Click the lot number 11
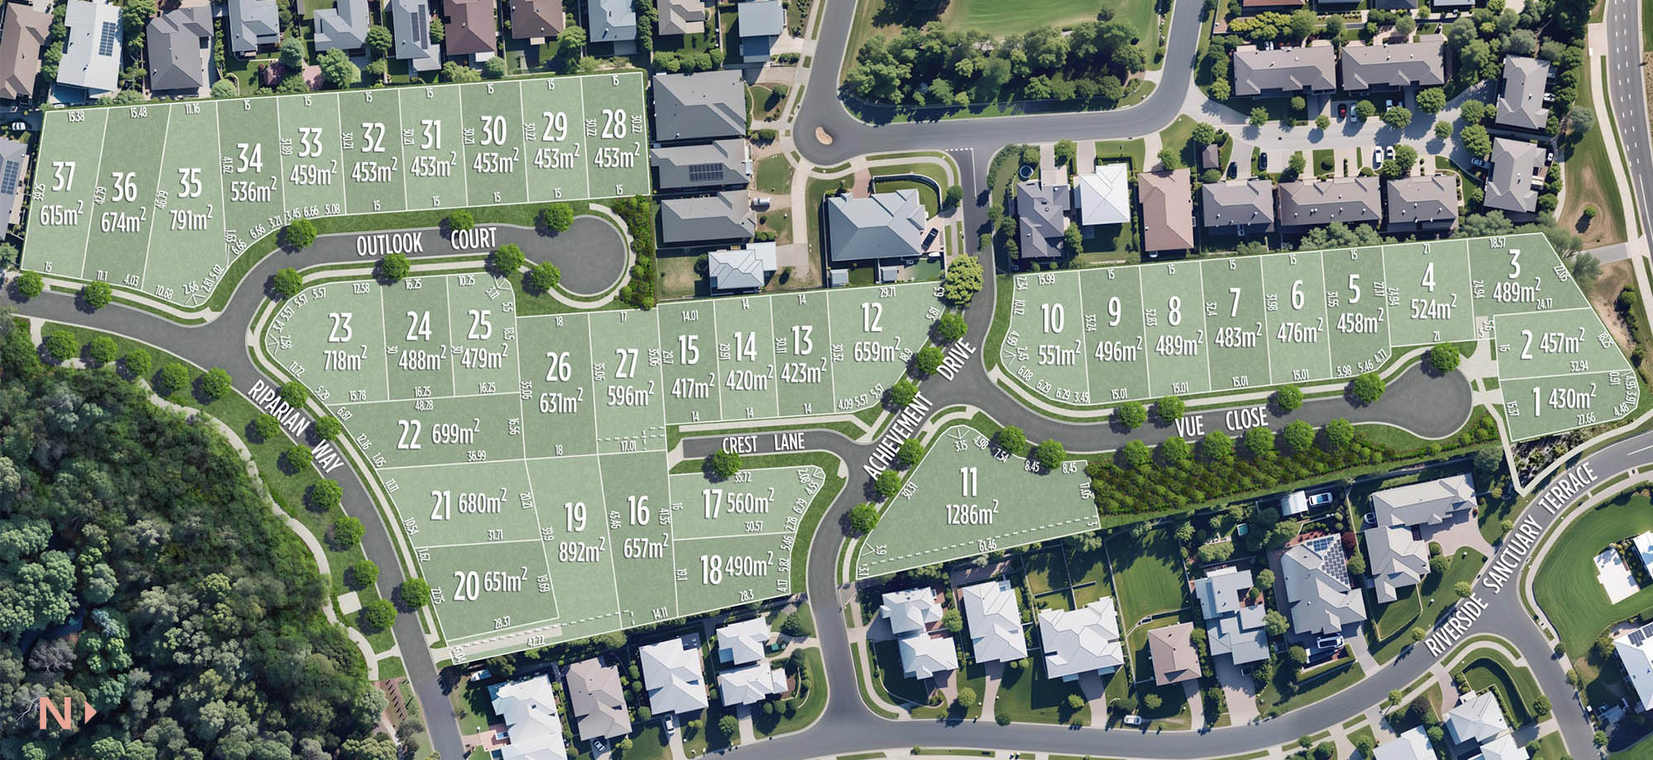click(x=969, y=482)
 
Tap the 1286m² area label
click(x=971, y=514)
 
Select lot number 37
click(x=63, y=177)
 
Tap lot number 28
click(x=614, y=125)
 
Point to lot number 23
click(x=340, y=328)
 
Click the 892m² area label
click(x=581, y=551)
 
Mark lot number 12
click(x=871, y=318)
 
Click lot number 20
click(x=465, y=586)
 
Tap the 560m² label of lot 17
click(x=749, y=500)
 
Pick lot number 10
click(x=1052, y=319)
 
